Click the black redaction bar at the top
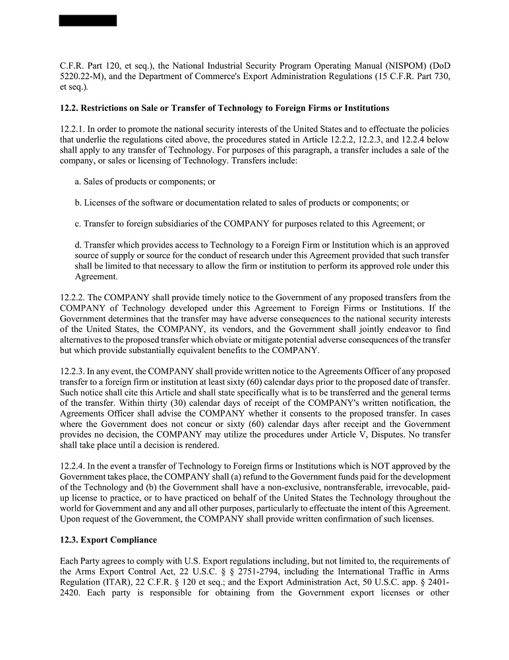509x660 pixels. tap(88, 20)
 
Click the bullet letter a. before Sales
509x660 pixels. tap(78, 181)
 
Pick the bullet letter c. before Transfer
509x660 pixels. tap(78, 224)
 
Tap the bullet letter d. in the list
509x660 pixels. tap(78, 245)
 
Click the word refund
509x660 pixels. tap(241, 477)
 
